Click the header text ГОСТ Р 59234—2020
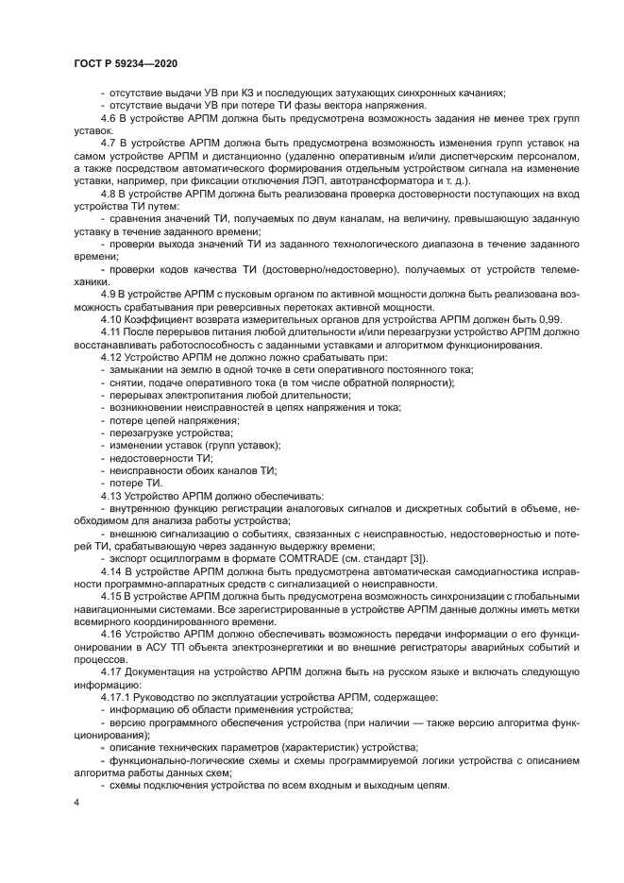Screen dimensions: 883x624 point(125,62)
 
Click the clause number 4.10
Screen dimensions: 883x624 point(112,320)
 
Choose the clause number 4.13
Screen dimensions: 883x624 point(112,495)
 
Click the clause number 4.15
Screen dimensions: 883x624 point(112,595)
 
